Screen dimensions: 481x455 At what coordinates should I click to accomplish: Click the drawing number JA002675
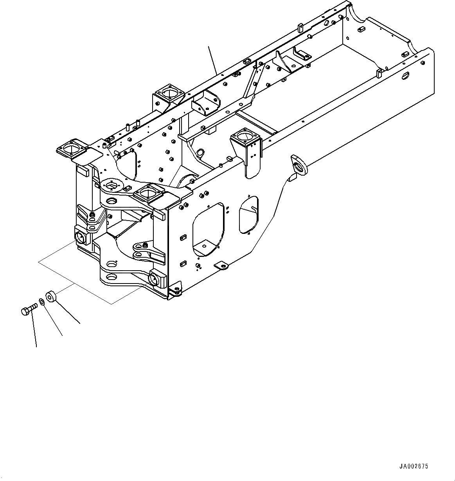(x=414, y=466)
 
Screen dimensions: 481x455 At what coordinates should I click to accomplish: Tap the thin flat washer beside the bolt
(x=41, y=303)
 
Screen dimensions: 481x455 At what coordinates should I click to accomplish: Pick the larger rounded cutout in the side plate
(x=208, y=230)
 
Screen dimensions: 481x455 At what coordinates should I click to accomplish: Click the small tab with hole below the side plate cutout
(x=222, y=266)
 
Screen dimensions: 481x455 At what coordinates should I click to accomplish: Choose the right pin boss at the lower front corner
(x=158, y=278)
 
